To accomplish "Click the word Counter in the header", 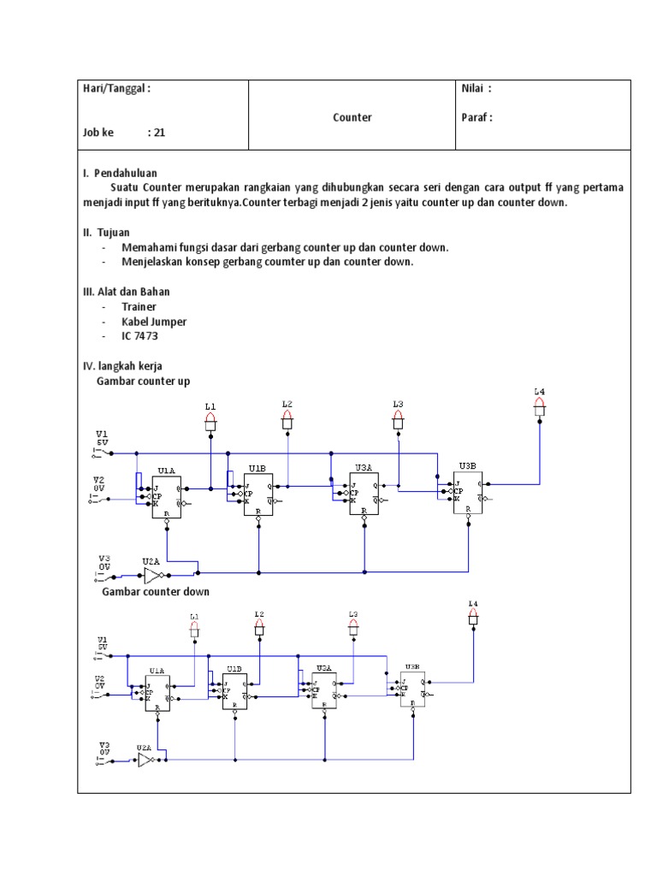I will (352, 117).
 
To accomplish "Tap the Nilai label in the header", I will (476, 88).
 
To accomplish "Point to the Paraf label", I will (476, 117).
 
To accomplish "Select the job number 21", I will (159, 133).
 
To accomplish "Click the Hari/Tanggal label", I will (116, 88).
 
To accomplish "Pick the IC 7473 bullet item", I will (145, 336).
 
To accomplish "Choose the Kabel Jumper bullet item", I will (154, 322).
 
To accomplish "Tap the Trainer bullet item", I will (139, 306).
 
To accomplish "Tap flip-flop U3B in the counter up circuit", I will (468, 492).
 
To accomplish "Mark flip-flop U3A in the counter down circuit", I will (324, 690).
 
